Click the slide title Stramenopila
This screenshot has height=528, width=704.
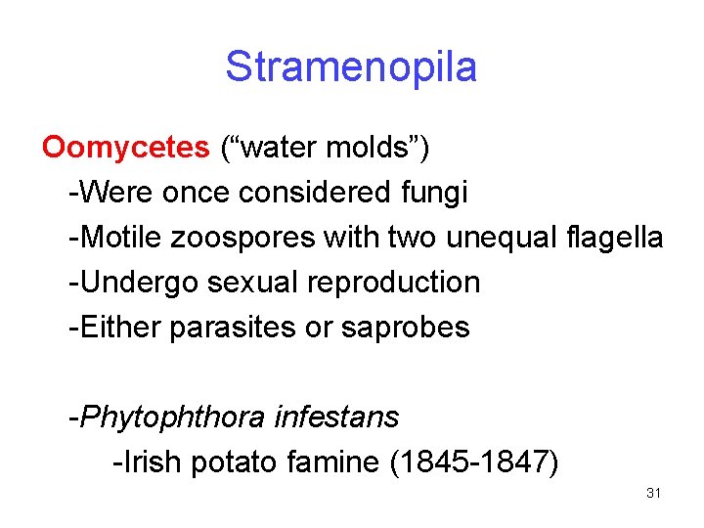pos(351,67)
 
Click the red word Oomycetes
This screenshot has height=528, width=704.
pos(125,148)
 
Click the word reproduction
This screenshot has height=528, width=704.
pos(393,283)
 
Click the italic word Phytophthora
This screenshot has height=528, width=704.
pos(172,418)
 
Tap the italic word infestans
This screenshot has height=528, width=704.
pos(336,418)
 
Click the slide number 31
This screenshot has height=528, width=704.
pos(654,493)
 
